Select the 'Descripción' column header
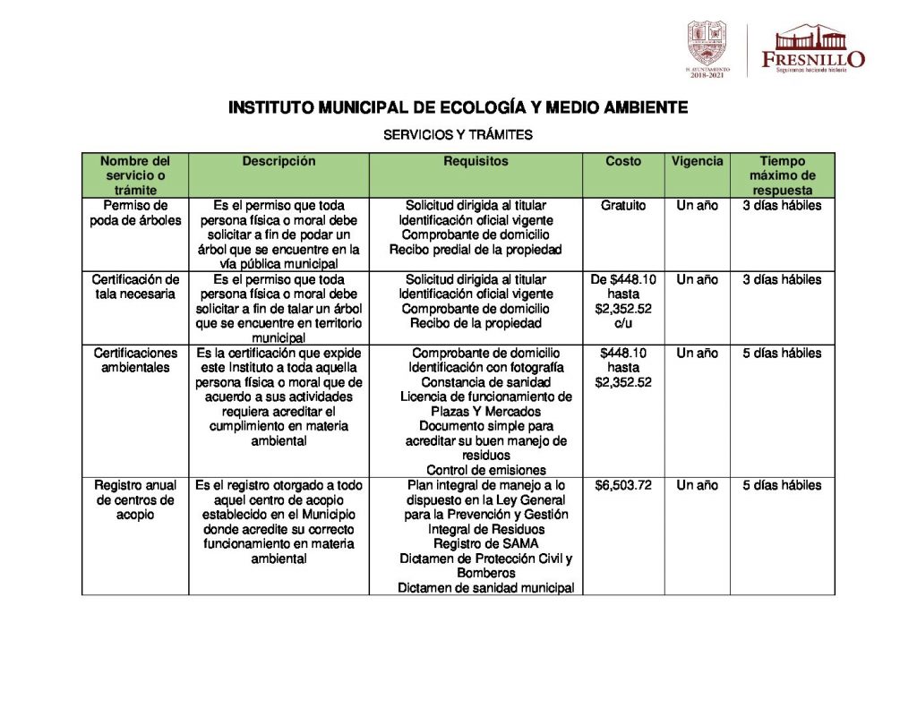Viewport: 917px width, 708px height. pos(279,162)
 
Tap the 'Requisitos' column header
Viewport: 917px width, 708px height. pos(476,162)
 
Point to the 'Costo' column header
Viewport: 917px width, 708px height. pos(623,162)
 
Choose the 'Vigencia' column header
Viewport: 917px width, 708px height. pos(697,162)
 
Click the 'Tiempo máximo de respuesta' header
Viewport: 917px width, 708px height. pos(782,175)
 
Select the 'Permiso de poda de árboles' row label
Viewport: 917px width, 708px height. pos(135,213)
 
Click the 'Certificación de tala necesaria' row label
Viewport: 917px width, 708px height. pos(135,286)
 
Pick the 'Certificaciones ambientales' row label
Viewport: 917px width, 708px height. pos(135,360)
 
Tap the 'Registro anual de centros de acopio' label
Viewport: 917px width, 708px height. pos(135,499)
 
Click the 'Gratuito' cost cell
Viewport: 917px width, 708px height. pos(623,206)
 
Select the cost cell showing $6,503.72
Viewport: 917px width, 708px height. pos(623,485)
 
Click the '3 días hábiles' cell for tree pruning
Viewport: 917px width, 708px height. pos(782,206)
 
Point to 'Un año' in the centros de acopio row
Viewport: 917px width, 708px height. pos(697,485)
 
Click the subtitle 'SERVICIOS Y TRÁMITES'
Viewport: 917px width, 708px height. pos(458,135)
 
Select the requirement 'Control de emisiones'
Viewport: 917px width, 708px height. pos(485,470)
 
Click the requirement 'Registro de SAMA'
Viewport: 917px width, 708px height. pos(485,543)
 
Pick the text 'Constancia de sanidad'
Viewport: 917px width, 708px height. pos(485,382)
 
